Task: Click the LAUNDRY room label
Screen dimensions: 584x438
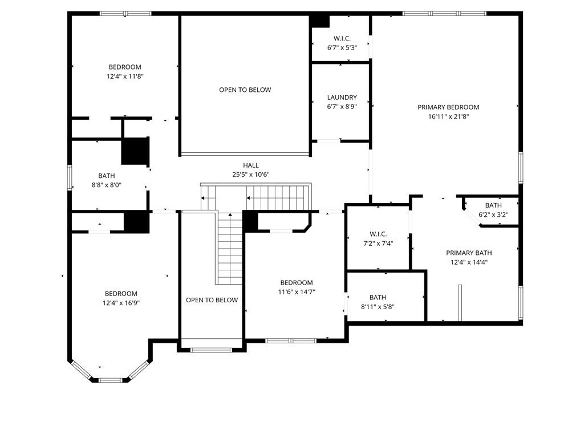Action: [x=342, y=98]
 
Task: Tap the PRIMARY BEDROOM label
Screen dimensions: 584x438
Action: [x=448, y=107]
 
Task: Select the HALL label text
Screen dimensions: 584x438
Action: [x=251, y=165]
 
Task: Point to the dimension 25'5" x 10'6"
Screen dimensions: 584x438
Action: [x=251, y=175]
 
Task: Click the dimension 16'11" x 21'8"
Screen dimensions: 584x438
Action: [x=448, y=116]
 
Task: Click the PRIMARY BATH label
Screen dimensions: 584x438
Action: [x=469, y=253]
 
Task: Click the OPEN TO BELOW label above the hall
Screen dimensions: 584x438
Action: [x=245, y=90]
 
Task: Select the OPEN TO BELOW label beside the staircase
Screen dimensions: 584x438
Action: [x=212, y=300]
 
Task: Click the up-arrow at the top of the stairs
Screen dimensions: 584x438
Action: [x=230, y=214]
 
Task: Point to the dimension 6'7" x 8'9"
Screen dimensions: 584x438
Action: [x=342, y=107]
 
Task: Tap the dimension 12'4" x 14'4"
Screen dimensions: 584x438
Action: [x=469, y=262]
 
